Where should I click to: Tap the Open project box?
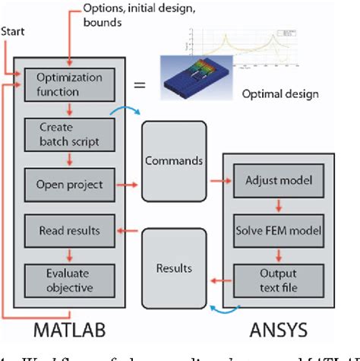[69, 183]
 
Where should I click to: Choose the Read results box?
[69, 229]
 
